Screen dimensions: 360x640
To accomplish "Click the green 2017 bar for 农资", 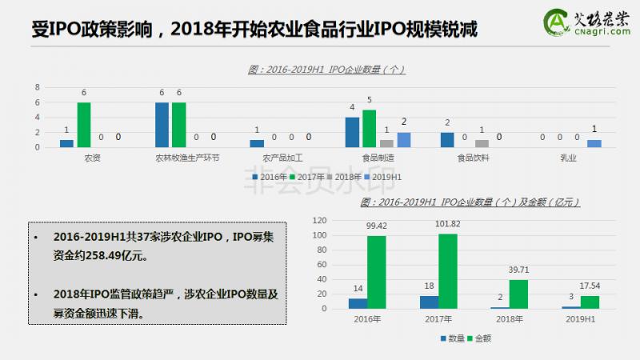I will (x=84, y=125).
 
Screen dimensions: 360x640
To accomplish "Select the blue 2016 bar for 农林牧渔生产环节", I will (x=162, y=125).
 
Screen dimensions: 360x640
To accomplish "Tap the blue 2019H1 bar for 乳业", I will (x=594, y=143).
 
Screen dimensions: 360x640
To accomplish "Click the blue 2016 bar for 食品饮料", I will (x=447, y=140).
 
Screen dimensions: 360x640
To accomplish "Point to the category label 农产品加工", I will (x=274, y=158).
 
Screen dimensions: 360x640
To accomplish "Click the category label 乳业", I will (x=570, y=158).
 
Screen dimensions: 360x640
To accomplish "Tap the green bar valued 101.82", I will (x=448, y=271).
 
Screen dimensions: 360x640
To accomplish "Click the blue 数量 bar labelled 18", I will (x=429, y=302).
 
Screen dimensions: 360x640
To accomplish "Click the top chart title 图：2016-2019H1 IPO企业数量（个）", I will (x=326, y=70).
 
